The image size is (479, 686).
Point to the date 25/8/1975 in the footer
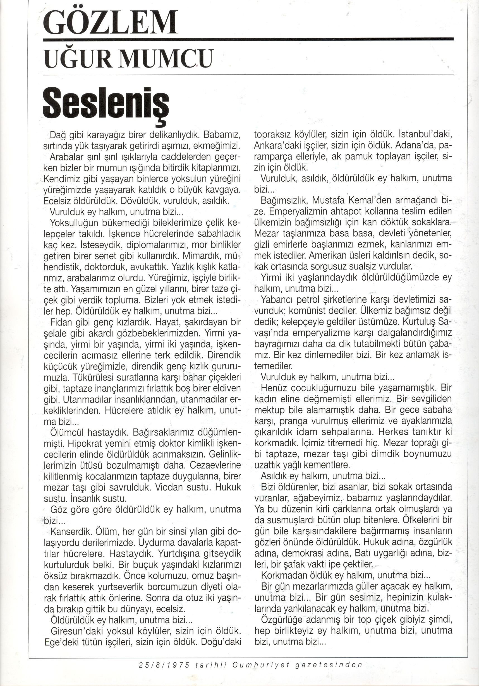(x=164, y=673)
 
